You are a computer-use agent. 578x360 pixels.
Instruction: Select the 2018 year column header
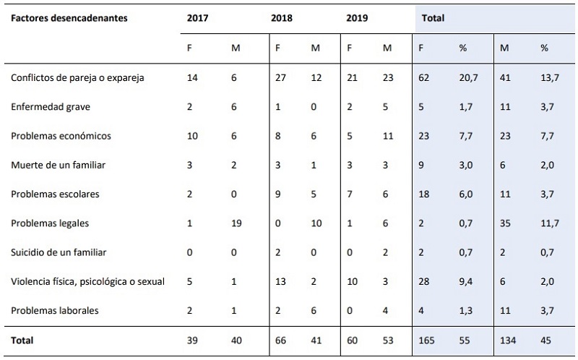point(282,18)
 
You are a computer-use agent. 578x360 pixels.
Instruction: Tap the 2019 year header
point(356,18)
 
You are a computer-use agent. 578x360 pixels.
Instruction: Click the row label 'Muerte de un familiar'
point(59,165)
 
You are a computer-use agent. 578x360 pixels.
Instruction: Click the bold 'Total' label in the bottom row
point(21,339)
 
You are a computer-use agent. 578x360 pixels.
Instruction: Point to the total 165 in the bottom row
point(428,339)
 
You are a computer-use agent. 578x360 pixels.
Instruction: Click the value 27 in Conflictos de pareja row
point(281,77)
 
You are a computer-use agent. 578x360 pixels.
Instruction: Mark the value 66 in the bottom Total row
point(281,339)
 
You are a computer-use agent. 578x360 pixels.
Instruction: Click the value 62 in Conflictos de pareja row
point(424,77)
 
